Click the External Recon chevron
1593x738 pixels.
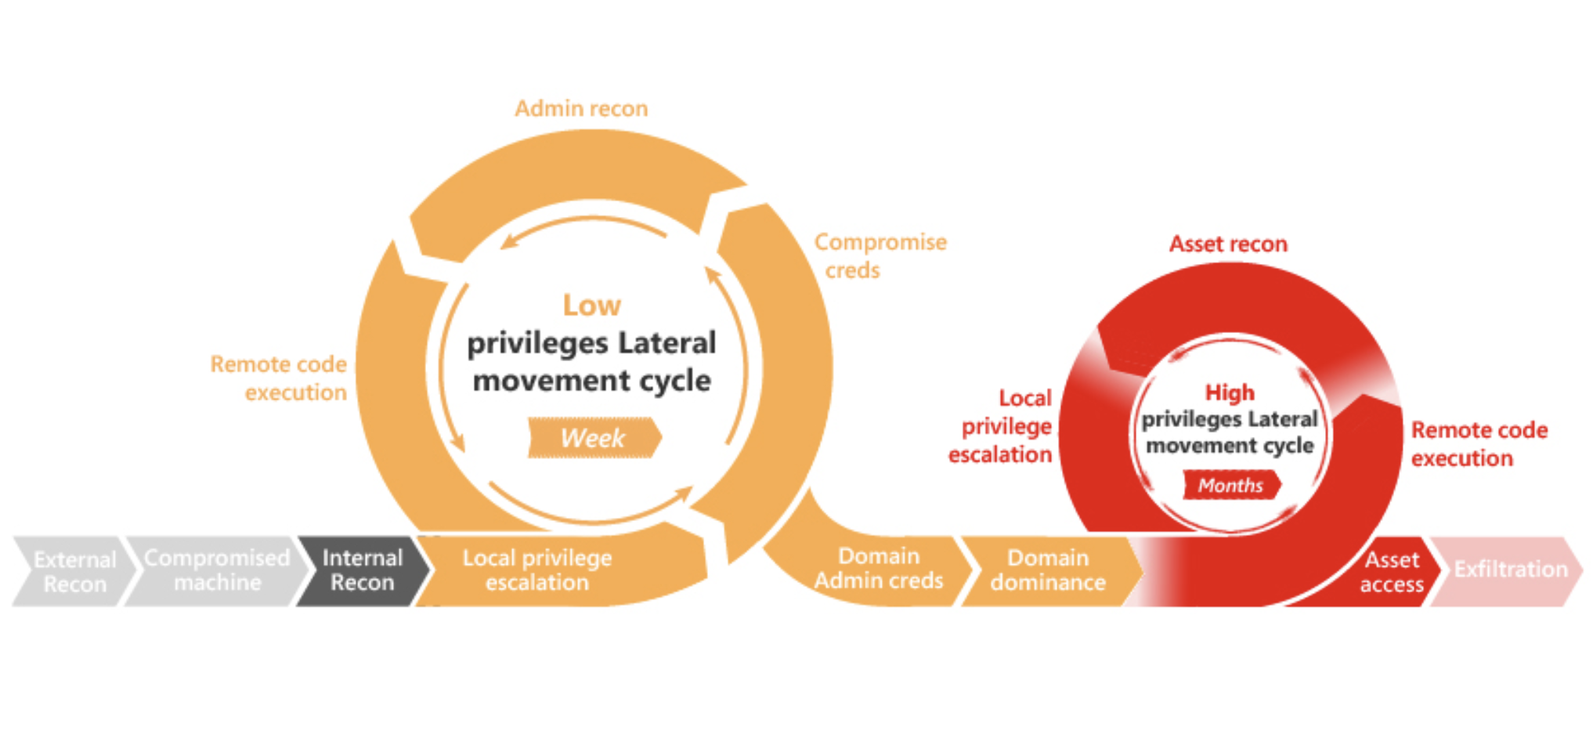74,571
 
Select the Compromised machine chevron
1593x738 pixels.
217,570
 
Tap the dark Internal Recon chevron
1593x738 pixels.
362,570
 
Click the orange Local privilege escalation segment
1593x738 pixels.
537,570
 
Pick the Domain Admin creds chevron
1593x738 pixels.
879,569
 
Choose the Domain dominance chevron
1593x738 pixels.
1048,570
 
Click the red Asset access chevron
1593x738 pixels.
1392,572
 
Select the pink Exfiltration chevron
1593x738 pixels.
1510,570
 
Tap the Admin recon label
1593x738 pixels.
581,109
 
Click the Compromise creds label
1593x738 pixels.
880,256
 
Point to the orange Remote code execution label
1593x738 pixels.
279,378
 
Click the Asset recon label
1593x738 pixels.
1228,244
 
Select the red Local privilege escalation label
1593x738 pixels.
1002,426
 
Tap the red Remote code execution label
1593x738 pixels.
1479,444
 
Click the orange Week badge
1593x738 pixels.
593,438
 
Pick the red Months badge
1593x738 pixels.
1230,486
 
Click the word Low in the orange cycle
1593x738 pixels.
592,306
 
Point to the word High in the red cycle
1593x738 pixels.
1230,393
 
